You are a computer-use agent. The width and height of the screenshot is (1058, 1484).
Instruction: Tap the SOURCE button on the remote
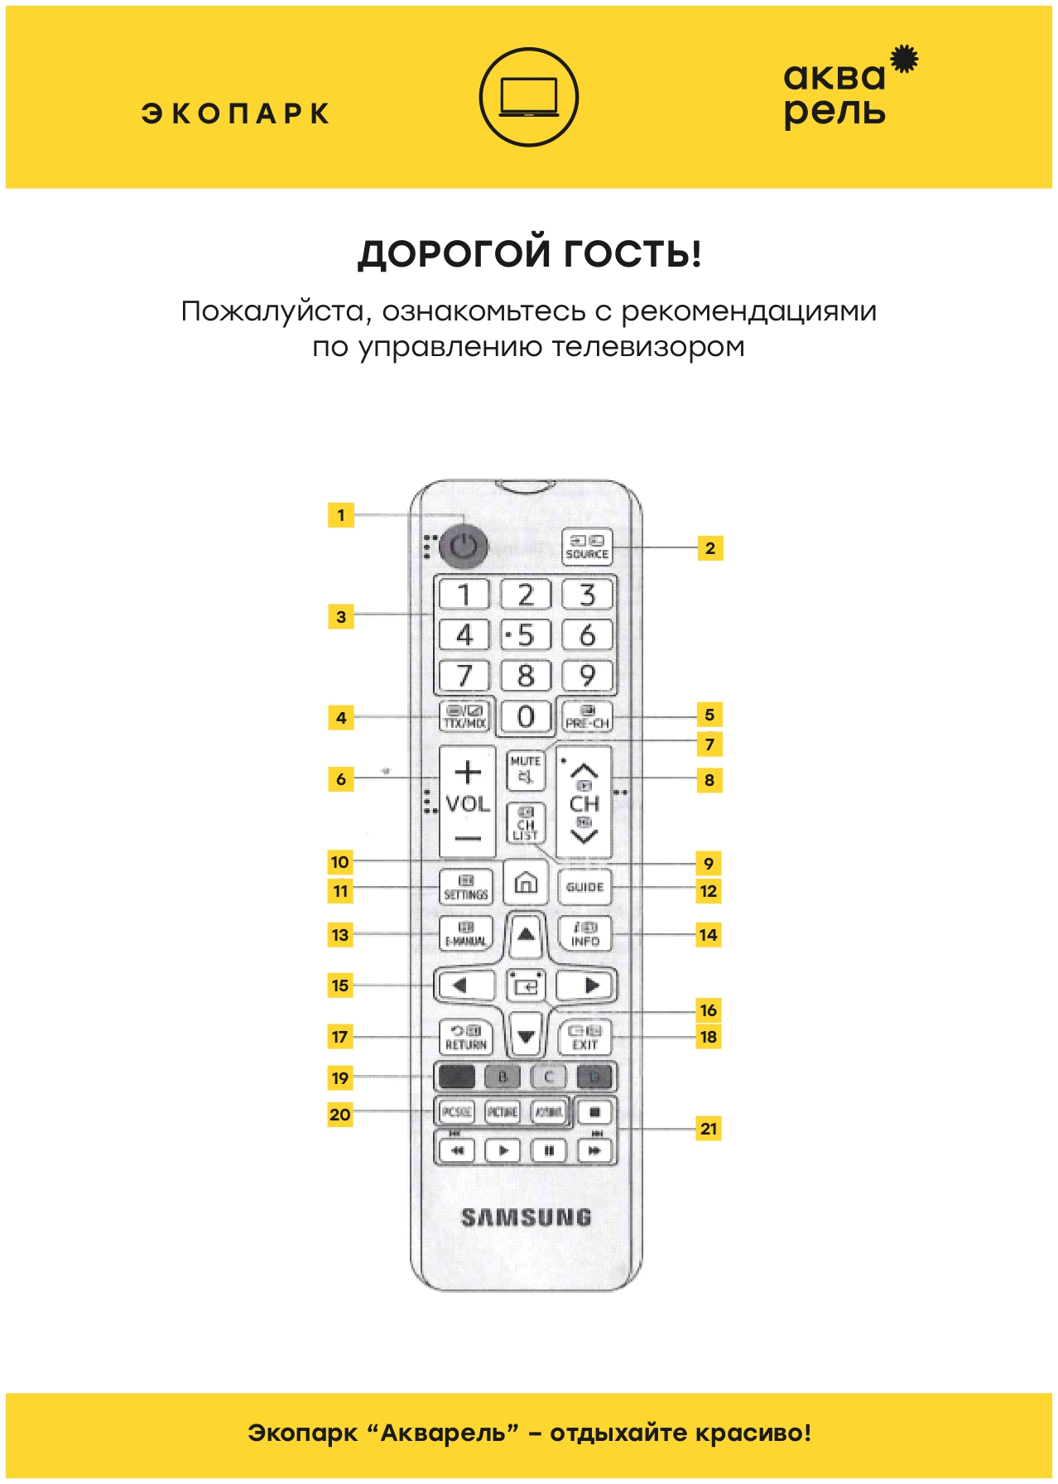[x=587, y=547]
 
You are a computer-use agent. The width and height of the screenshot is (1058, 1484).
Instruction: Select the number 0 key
[x=526, y=716]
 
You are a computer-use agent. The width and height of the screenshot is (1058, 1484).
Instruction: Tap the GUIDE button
[x=585, y=887]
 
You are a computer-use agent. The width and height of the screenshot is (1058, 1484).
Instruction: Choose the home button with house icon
[x=526, y=883]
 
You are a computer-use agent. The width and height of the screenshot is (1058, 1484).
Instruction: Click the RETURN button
[x=465, y=1037]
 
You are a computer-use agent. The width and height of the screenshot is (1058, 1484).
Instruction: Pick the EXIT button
[x=585, y=1037]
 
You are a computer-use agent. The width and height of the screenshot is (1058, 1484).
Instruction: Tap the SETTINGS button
[x=465, y=887]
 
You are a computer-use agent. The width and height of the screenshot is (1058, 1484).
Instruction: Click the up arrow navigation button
[x=526, y=935]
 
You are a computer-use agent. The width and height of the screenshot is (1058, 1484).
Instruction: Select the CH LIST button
[x=526, y=824]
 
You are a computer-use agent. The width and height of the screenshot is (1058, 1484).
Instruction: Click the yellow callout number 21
[x=709, y=1129]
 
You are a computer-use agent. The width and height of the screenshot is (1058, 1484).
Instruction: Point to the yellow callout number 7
[x=709, y=744]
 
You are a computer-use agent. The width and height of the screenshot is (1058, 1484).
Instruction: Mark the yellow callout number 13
[x=340, y=935]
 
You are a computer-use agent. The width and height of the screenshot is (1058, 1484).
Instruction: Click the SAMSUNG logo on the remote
[x=526, y=1217]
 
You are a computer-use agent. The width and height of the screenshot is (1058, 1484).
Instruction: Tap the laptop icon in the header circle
[x=529, y=98]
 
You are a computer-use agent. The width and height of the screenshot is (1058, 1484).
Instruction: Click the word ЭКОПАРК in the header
[x=236, y=113]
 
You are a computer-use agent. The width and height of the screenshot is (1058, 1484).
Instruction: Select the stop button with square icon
[x=594, y=1111]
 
